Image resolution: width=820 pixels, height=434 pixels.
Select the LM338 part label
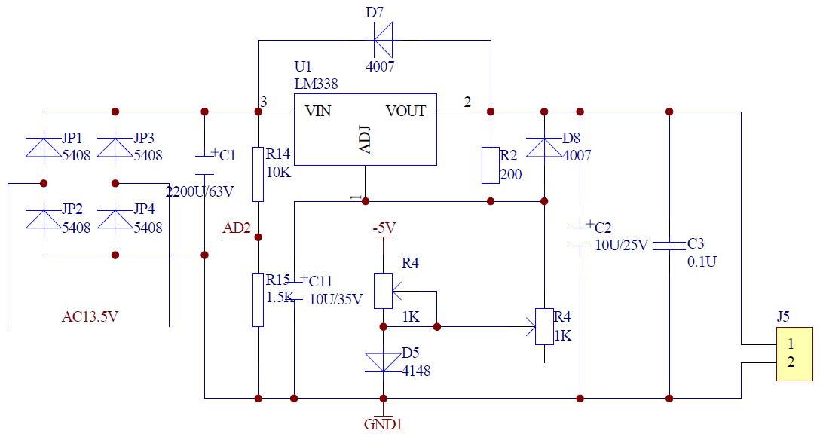pyautogui.click(x=316, y=83)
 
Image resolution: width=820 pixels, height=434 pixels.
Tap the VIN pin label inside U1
pyautogui.click(x=318, y=112)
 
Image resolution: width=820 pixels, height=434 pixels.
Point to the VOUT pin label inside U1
pyautogui.click(x=405, y=112)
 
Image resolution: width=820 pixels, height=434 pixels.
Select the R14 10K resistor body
pyautogui.click(x=259, y=174)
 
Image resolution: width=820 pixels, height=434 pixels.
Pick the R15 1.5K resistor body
pyautogui.click(x=259, y=299)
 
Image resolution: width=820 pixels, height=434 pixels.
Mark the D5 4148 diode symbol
pyautogui.click(x=383, y=362)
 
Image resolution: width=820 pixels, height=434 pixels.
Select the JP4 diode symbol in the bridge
pyautogui.click(x=115, y=219)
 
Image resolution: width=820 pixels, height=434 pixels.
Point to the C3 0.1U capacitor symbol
pyautogui.click(x=669, y=245)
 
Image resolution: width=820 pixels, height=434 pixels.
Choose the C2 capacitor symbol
pyautogui.click(x=580, y=236)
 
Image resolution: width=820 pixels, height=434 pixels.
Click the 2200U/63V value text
pyautogui.click(x=200, y=191)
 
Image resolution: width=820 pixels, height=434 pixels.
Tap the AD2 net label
pyautogui.click(x=237, y=228)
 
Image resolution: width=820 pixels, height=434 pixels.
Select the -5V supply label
pyautogui.click(x=384, y=228)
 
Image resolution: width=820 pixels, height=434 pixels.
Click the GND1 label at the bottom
pyautogui.click(x=384, y=424)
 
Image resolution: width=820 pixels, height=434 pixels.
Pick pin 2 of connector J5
pyautogui.click(x=791, y=362)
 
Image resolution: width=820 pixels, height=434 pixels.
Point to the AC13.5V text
pyautogui.click(x=90, y=316)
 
